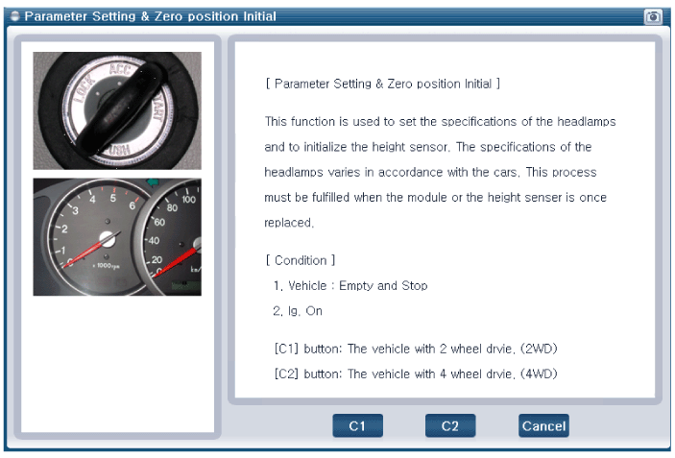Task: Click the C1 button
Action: pyautogui.click(x=357, y=425)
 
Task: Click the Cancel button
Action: pyautogui.click(x=543, y=425)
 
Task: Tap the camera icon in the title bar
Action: pyautogui.click(x=653, y=16)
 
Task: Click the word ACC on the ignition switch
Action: pyautogui.click(x=119, y=68)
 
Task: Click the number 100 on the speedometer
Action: pyautogui.click(x=188, y=200)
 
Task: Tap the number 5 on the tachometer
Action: pyautogui.click(x=112, y=198)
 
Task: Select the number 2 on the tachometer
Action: pyautogui.click(x=64, y=229)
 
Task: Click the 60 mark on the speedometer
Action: pyautogui.click(x=159, y=222)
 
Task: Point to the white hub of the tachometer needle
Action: pyautogui.click(x=108, y=239)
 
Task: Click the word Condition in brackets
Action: pyautogui.click(x=301, y=260)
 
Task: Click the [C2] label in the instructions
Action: pyautogui.click(x=286, y=374)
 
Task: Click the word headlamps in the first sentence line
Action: pyautogui.click(x=587, y=121)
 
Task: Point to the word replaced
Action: pyautogui.click(x=288, y=223)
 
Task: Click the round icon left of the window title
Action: pyautogui.click(x=14, y=16)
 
